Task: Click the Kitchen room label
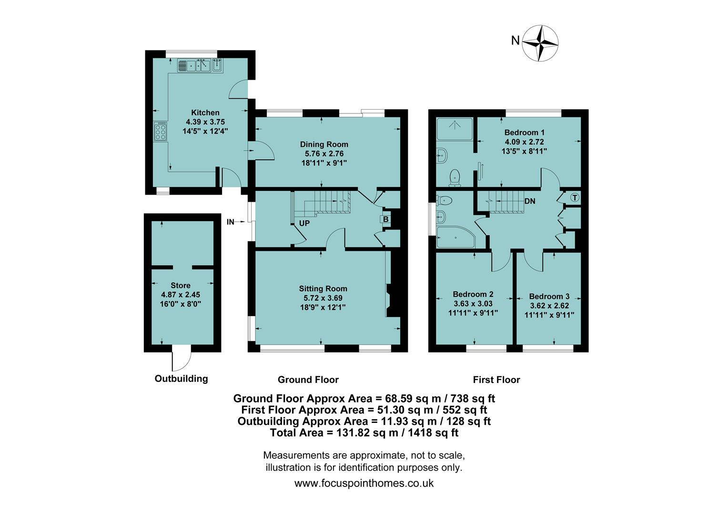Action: click(x=205, y=113)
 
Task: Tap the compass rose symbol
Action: click(x=540, y=43)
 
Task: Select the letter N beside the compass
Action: click(x=515, y=41)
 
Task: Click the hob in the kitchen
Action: click(x=161, y=131)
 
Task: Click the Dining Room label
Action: click(x=324, y=144)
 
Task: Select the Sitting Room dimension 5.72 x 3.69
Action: click(x=323, y=298)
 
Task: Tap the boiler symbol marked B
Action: click(x=385, y=219)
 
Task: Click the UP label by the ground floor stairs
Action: click(x=304, y=223)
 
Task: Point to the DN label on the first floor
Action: click(x=530, y=201)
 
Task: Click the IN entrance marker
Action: click(x=231, y=222)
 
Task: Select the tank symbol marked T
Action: click(x=575, y=197)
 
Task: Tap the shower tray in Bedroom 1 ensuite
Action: click(x=455, y=128)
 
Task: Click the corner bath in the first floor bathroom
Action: click(x=455, y=237)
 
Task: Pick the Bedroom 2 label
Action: click(x=473, y=294)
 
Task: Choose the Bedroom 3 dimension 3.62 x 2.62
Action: click(x=549, y=306)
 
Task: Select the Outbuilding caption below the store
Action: click(x=181, y=379)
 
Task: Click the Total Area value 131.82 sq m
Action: click(x=364, y=433)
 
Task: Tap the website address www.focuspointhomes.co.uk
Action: click(x=364, y=483)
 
